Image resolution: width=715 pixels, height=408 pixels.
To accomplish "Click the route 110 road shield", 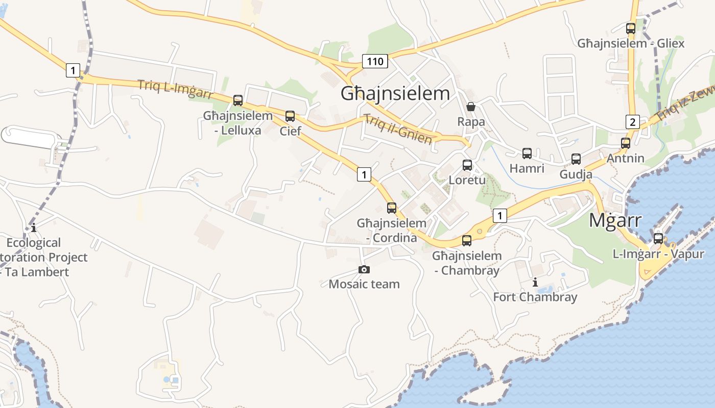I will tap(375, 62).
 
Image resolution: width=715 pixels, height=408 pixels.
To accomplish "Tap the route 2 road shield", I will tap(632, 122).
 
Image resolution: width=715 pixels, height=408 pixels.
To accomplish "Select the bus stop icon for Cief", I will tap(290, 116).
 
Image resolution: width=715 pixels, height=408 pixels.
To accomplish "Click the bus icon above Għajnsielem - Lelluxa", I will tap(238, 100).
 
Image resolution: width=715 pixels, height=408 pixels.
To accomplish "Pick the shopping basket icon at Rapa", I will tap(471, 107).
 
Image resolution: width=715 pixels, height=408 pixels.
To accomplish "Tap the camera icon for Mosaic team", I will tap(364, 269).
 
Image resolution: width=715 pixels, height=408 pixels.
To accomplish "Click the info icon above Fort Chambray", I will tap(535, 282).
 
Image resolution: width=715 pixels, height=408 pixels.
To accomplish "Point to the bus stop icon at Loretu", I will tap(467, 165).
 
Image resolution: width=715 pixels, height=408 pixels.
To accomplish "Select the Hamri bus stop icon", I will tap(527, 153).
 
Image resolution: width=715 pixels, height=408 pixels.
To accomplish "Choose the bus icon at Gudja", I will tap(576, 159).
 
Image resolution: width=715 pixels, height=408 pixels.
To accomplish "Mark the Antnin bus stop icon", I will tap(626, 143).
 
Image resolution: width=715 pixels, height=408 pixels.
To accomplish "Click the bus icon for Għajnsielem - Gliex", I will tap(631, 28).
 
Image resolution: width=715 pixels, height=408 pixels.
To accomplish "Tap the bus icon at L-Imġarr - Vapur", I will tap(658, 238).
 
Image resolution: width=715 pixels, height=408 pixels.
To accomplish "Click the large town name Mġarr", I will tap(615, 221).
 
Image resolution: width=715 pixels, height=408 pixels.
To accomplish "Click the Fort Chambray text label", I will tap(535, 297).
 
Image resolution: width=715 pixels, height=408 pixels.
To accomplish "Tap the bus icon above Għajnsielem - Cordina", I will tap(392, 208).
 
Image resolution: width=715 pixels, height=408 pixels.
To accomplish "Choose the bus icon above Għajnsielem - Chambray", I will tap(467, 240).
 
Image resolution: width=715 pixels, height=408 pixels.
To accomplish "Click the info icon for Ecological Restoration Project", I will tap(34, 227).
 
